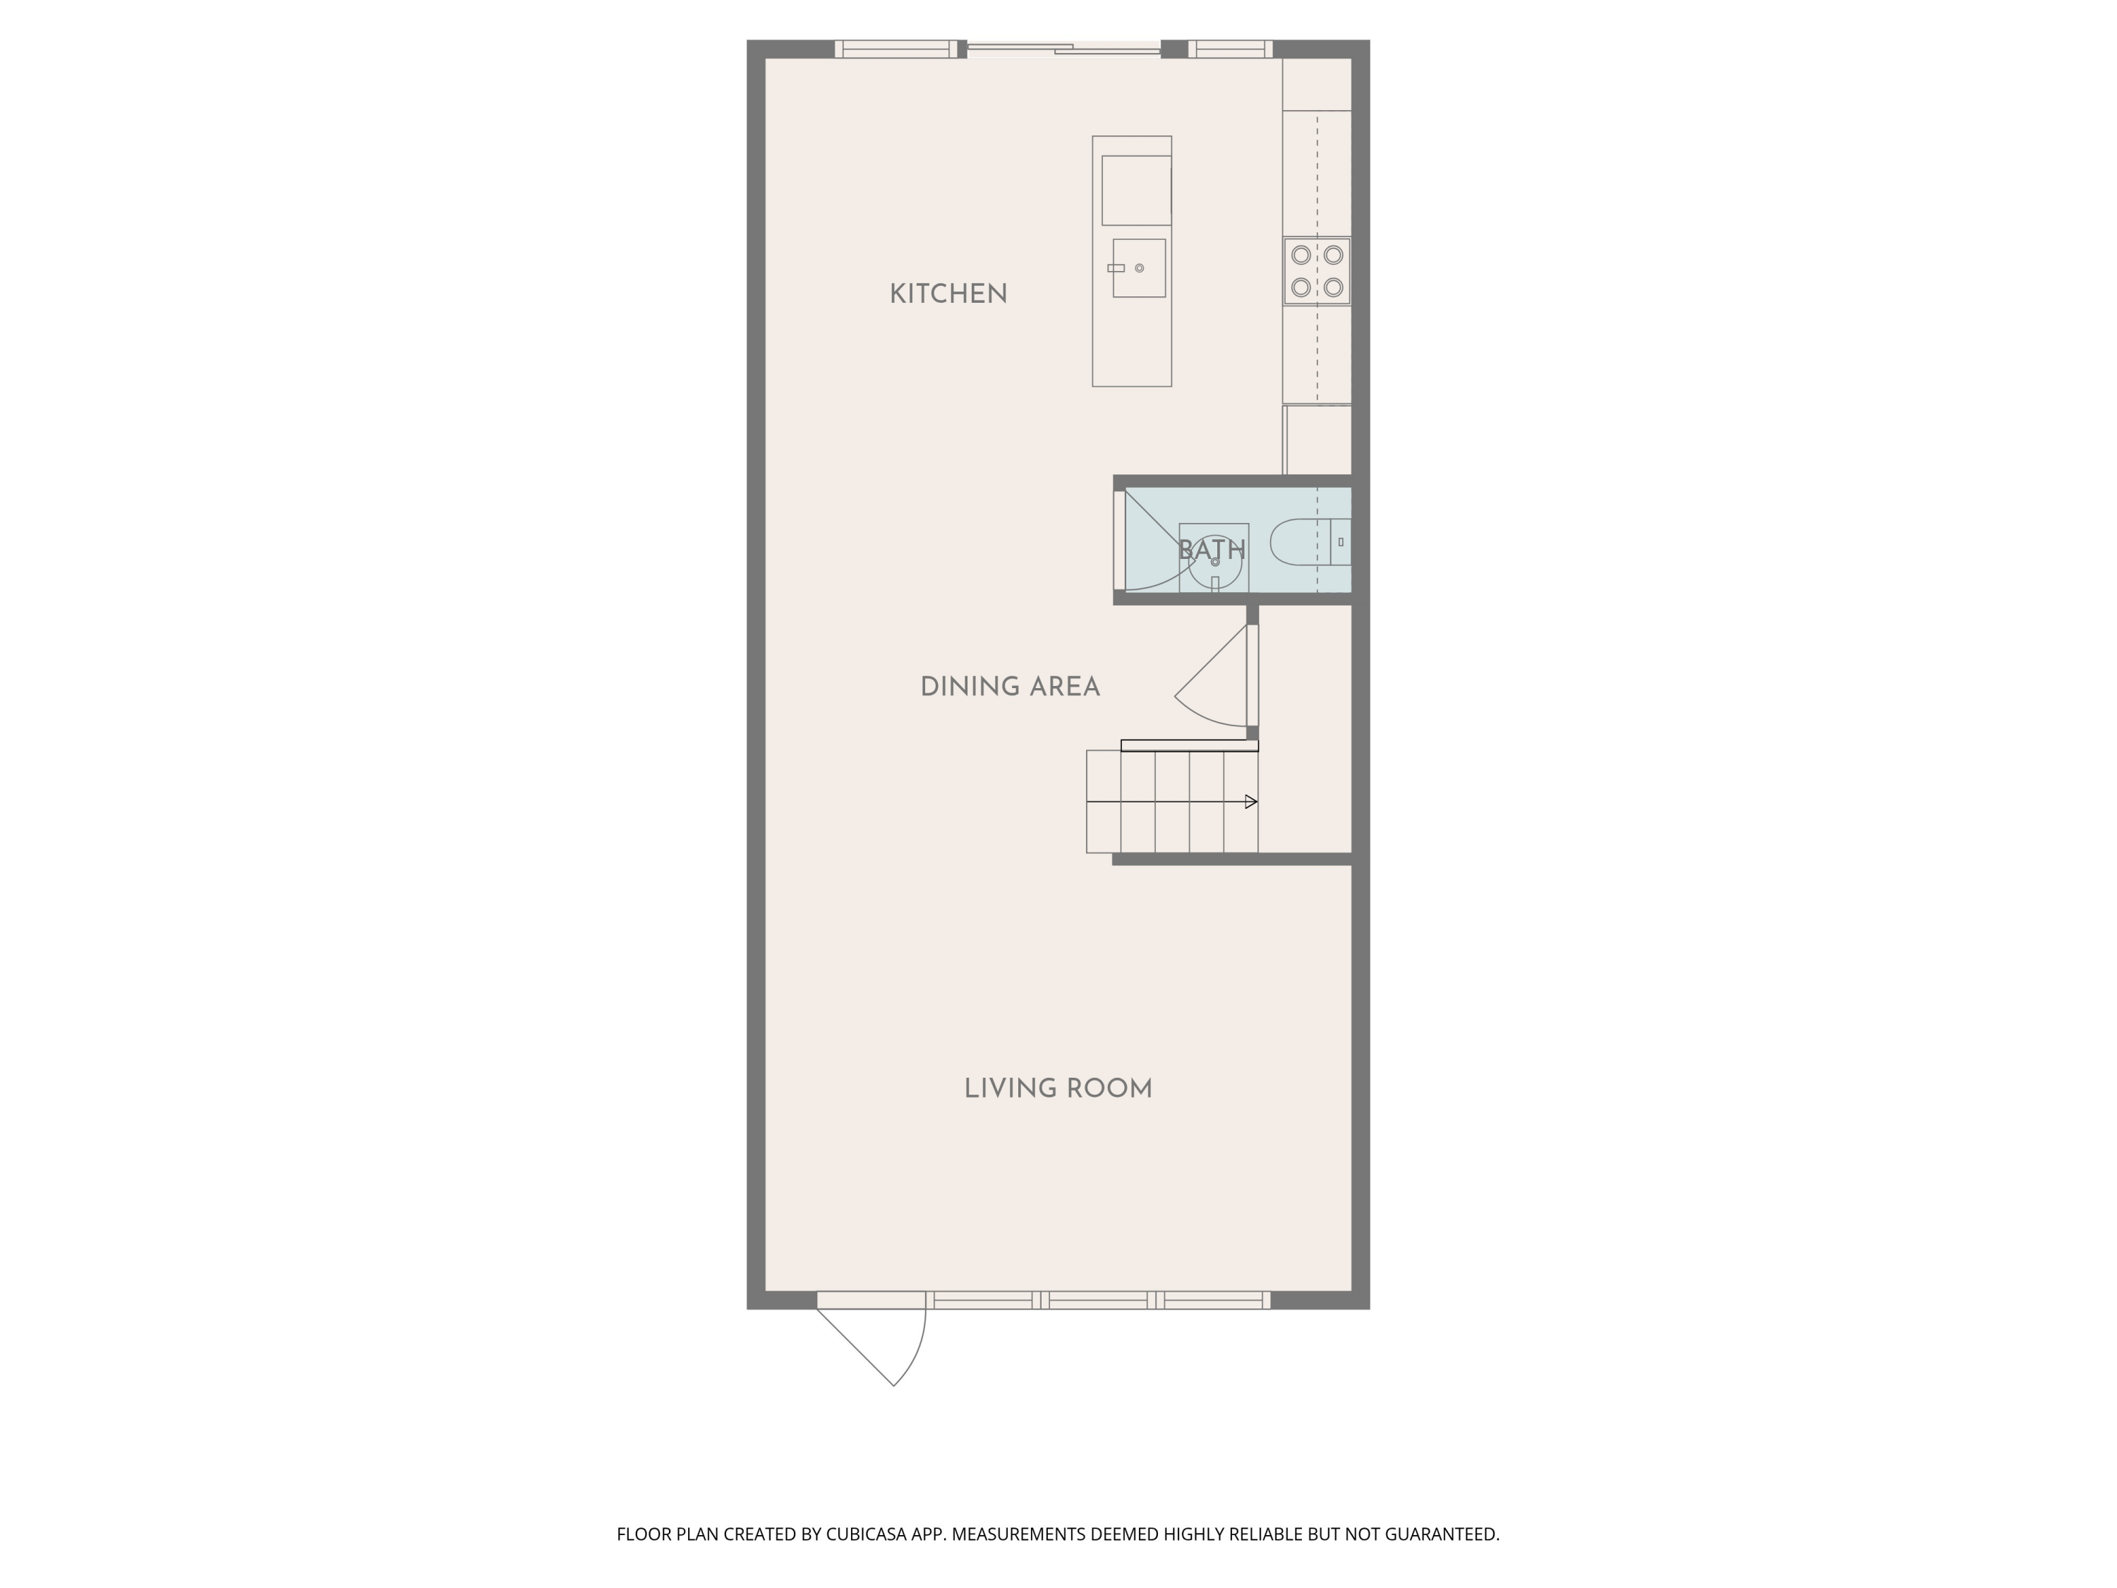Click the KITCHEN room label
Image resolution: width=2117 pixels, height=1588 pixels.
[x=948, y=294]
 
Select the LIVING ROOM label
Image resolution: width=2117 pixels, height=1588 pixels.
[x=1058, y=1088]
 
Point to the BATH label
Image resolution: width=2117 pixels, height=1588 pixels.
[x=1212, y=551]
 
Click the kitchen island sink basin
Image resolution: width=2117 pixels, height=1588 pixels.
[x=1139, y=268]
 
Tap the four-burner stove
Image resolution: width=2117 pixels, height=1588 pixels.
[x=1317, y=271]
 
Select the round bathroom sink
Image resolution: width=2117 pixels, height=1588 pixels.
[x=1214, y=559]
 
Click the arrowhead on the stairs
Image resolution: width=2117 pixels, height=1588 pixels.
[x=1251, y=802]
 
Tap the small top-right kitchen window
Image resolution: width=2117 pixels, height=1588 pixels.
[x=1230, y=49]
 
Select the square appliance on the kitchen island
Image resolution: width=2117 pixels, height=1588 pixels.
[x=1136, y=191]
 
